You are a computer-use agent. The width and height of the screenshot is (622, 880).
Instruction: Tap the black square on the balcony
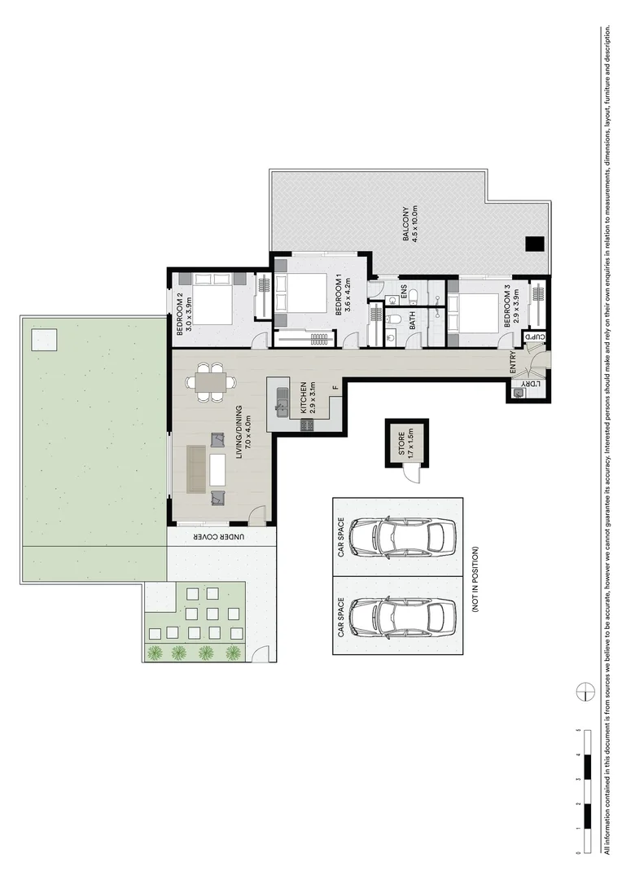(533, 243)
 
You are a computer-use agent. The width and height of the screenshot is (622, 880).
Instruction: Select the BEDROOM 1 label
(345, 296)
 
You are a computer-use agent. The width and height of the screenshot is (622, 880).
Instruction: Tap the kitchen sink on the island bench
(282, 400)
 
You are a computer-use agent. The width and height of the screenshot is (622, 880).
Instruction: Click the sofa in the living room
(196, 469)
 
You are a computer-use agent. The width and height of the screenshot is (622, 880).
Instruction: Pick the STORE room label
(400, 442)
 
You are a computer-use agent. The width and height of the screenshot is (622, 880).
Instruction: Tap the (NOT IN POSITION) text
(475, 579)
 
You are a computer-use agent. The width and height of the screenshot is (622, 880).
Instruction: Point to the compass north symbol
(584, 691)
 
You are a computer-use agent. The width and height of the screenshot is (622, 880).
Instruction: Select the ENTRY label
(513, 363)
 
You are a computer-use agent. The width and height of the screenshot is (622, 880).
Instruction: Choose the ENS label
(404, 292)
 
